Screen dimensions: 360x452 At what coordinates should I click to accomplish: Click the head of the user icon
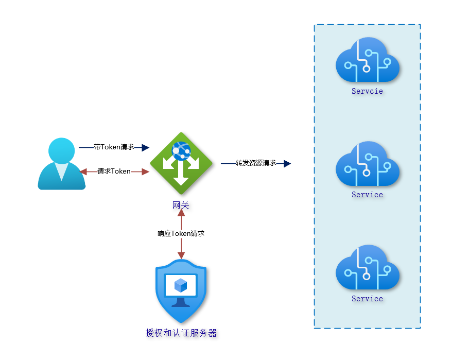coord(61,150)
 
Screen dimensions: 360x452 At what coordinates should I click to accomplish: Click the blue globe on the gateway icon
coord(181,150)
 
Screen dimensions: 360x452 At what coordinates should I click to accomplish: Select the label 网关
coord(181,205)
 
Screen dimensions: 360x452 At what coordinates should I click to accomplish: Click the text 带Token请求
coord(114,147)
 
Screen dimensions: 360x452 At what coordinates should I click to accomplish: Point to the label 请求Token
coord(114,172)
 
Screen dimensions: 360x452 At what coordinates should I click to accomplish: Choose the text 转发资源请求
coord(255,163)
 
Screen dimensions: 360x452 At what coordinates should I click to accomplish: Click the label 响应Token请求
coord(181,233)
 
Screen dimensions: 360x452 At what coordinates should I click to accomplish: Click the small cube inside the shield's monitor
coord(181,285)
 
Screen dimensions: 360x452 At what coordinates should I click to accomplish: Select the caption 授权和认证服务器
coord(181,333)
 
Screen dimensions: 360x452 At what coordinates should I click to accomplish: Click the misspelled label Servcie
coord(367,91)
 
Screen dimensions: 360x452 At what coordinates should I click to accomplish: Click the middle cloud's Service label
coord(367,195)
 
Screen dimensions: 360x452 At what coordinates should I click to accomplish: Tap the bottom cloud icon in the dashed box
coord(367,268)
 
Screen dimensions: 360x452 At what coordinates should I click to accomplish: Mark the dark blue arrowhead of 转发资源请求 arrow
coord(287,163)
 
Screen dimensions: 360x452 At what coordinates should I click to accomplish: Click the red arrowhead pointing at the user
coord(83,172)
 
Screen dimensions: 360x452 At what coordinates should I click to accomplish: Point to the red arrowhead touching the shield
coord(181,255)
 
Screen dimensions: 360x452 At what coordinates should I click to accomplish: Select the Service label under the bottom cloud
coord(367,299)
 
